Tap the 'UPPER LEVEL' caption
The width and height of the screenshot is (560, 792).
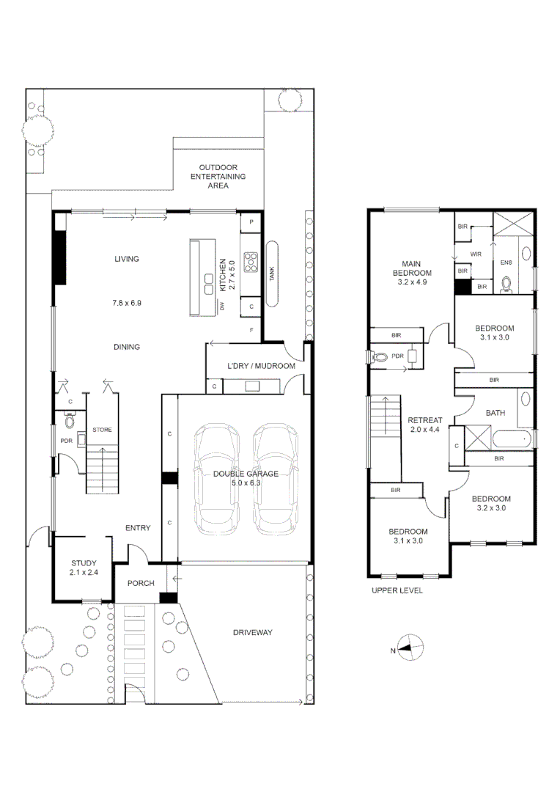tap(397, 590)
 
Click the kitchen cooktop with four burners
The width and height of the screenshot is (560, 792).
tap(252, 260)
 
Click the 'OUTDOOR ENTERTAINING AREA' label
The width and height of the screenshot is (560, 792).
tap(218, 177)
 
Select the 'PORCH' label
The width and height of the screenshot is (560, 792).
tap(140, 584)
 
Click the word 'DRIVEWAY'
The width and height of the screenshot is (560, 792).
tap(253, 632)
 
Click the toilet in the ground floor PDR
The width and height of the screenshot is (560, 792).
tap(70, 421)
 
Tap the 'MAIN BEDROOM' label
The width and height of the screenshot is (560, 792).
tap(410, 268)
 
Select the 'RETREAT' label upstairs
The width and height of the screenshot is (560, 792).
tap(424, 421)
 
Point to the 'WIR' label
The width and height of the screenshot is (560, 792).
tap(476, 254)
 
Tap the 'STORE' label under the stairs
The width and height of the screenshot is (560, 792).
tap(101, 430)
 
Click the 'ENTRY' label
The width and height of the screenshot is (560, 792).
tap(138, 527)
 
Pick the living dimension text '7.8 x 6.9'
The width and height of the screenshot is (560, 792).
tap(126, 302)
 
